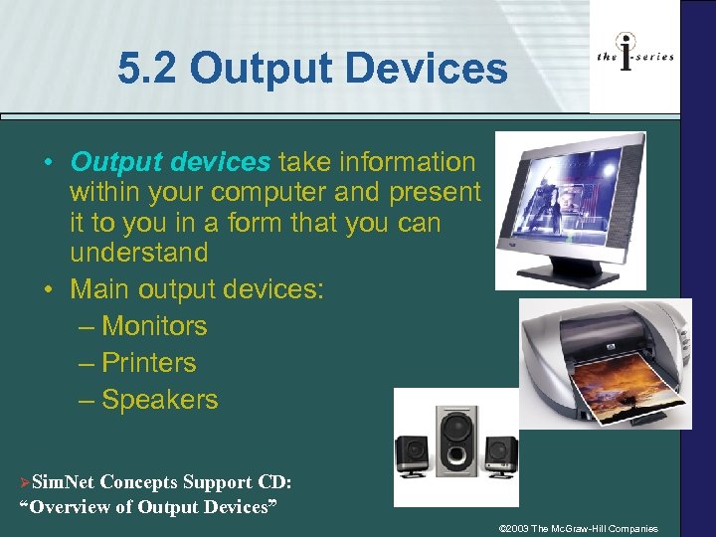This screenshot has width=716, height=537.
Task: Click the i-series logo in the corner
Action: [x=634, y=57]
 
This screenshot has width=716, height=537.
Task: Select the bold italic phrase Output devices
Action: [x=170, y=161]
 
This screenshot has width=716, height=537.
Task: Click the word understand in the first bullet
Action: [x=138, y=253]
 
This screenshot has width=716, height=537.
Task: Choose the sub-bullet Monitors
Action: [x=154, y=326]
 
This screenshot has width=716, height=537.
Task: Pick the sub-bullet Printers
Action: [x=148, y=363]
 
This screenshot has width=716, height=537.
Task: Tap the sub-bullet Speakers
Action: [x=159, y=400]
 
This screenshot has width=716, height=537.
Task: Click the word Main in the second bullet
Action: [x=99, y=289]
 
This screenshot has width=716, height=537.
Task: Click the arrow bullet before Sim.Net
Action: [x=25, y=483]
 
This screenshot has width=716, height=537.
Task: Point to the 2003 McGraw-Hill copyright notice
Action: [x=578, y=528]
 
